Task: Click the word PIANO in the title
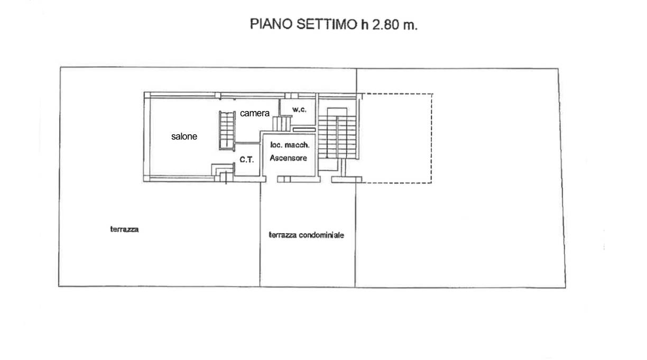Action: (x=269, y=25)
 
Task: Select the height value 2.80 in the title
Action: (x=386, y=25)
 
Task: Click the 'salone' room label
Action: (x=184, y=136)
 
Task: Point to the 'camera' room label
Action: (x=255, y=113)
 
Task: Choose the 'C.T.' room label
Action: (x=247, y=159)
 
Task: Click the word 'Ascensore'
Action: (x=288, y=158)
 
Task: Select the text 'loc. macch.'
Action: (x=290, y=145)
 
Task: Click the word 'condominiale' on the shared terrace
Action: (x=321, y=235)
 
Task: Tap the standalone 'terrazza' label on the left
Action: (x=124, y=229)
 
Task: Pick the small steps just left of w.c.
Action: (x=282, y=124)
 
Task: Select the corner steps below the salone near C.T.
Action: (x=223, y=170)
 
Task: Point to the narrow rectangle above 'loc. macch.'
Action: (x=303, y=128)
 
